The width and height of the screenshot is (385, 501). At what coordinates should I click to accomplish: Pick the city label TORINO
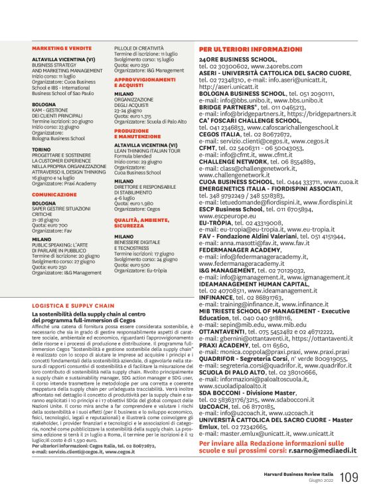pyautogui.click(x=43, y=150)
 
